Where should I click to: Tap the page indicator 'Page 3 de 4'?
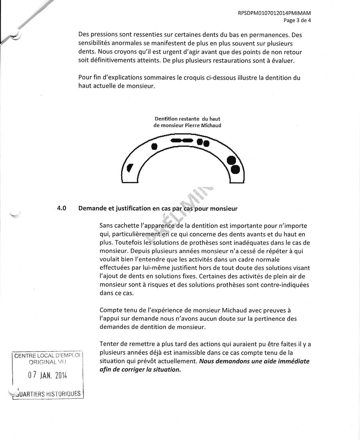(297, 20)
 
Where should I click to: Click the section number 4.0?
(62, 208)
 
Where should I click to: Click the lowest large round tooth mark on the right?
(236, 170)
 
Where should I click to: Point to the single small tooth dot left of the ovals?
(154, 146)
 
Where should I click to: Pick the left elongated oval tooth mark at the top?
(176, 141)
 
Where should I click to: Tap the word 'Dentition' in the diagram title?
(167, 119)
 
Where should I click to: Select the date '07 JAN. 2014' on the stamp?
(47, 376)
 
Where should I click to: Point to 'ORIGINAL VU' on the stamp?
(47, 362)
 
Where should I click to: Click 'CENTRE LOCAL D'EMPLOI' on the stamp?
(47, 356)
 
